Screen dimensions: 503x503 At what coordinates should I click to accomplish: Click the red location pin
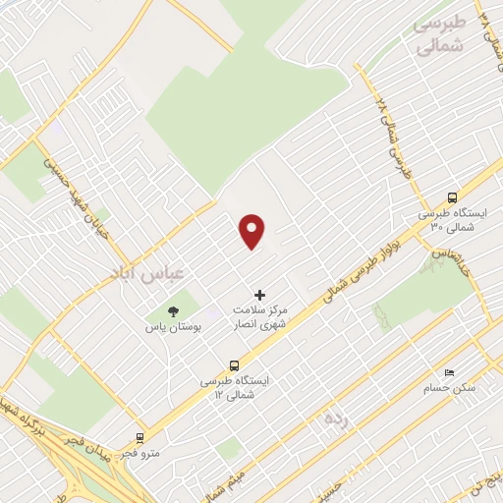pos(253,232)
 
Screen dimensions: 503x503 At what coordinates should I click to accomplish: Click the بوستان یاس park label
pos(173,326)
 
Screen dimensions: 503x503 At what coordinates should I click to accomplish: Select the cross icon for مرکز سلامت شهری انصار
pos(260,294)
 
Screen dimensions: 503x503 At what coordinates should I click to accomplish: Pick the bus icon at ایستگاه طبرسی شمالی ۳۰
pos(452,196)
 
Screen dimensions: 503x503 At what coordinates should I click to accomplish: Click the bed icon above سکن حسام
pos(449,373)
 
